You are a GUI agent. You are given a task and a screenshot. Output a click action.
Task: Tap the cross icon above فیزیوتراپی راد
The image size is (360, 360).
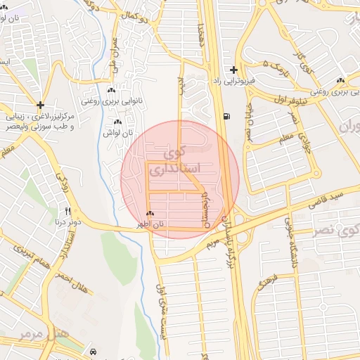pos(234,70)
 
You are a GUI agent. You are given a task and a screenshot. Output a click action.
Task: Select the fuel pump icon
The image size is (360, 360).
pos(225,117)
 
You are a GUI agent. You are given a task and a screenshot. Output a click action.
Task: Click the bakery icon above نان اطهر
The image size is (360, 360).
pos(150,214)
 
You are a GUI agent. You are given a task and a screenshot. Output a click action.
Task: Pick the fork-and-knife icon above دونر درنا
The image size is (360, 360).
pos(68,210)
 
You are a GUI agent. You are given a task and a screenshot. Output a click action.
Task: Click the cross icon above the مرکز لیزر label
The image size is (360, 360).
pos(41,104)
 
